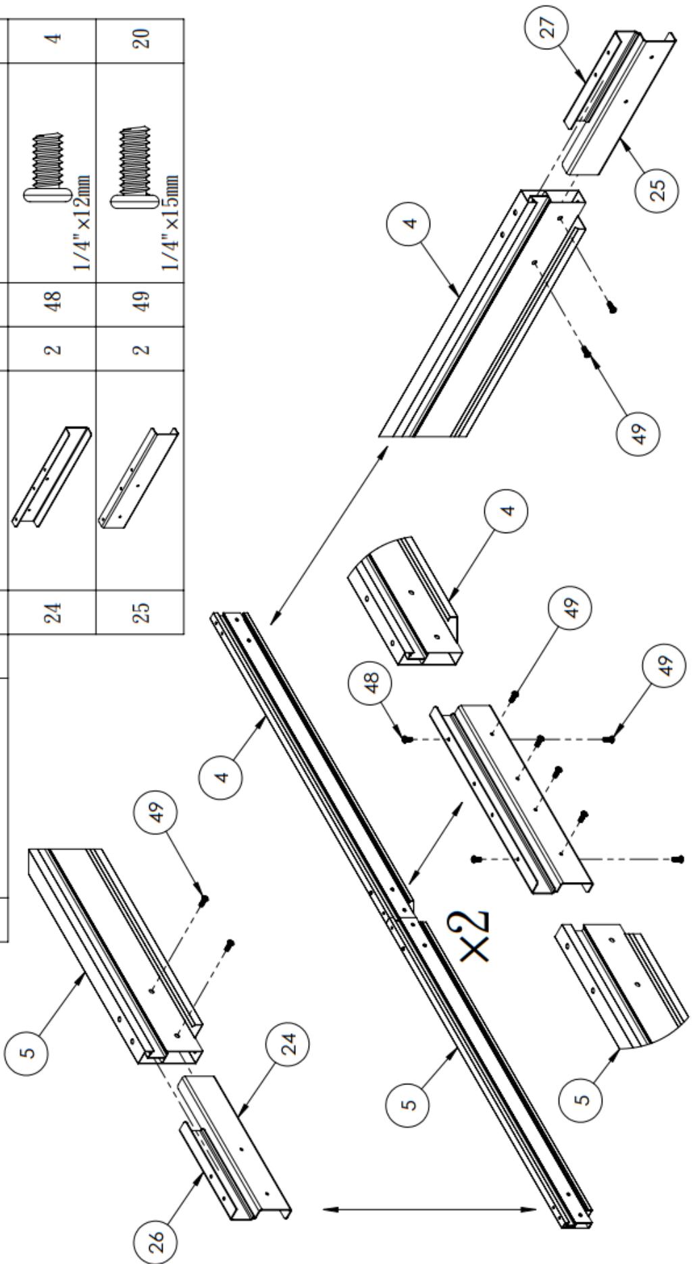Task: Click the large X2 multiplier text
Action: pos(476,935)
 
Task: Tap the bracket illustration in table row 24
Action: pos(51,476)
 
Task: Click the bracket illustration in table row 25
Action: pos(138,476)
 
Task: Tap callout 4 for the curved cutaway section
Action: pos(507,510)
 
